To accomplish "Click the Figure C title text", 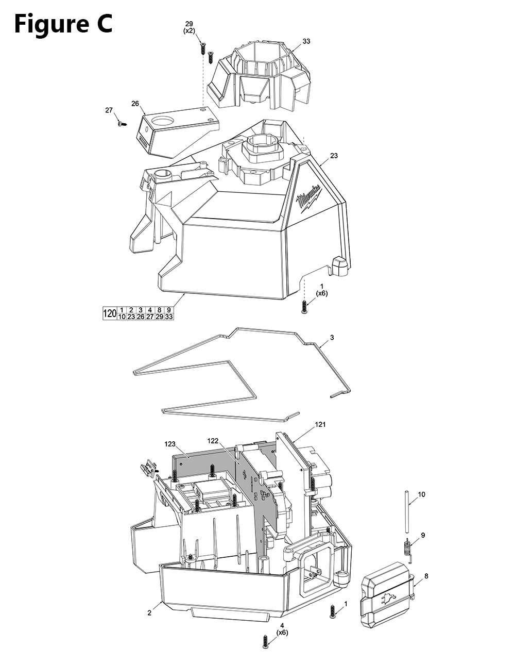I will [x=63, y=24].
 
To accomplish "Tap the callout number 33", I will [x=306, y=41].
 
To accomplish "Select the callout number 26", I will [x=135, y=103].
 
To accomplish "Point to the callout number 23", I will [x=334, y=156].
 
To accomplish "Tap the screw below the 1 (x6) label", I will [x=304, y=307].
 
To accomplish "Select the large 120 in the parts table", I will [x=110, y=313].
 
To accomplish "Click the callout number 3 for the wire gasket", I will [x=332, y=337].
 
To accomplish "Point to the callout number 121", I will [x=320, y=424].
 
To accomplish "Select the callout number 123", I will [x=170, y=443].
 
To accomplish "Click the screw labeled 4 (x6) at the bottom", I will [x=265, y=640].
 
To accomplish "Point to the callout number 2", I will [x=149, y=613].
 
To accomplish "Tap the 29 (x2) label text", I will [x=189, y=27].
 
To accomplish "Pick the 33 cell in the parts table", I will [x=169, y=317].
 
